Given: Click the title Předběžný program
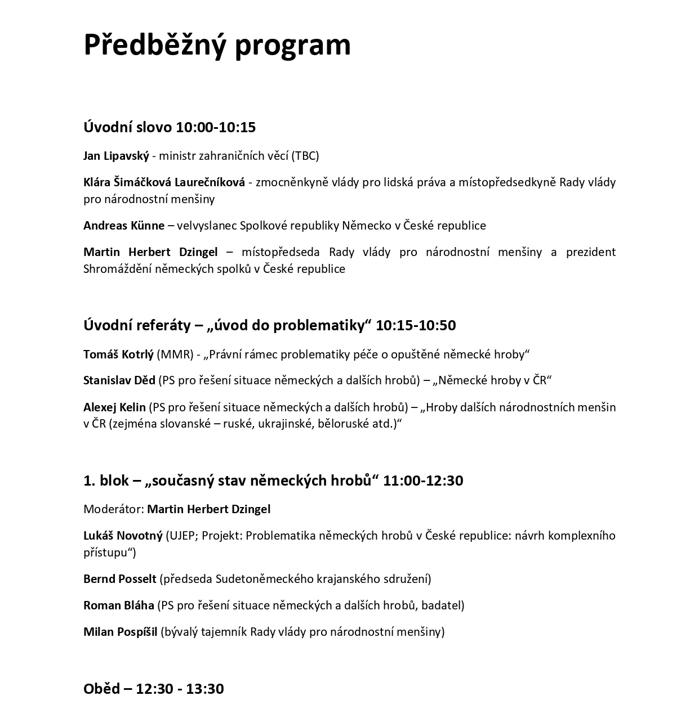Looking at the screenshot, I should click(217, 44).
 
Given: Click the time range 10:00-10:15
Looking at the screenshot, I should click(216, 127).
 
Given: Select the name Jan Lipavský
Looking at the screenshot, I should click(116, 156).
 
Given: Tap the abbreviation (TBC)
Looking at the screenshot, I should click(305, 156).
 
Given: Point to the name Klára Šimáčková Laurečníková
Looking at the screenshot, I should click(164, 182).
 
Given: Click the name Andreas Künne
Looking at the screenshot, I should click(124, 226).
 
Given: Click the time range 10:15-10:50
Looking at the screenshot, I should click(416, 325).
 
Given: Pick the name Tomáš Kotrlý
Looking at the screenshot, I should click(118, 354).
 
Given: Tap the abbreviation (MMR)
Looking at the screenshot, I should click(175, 354).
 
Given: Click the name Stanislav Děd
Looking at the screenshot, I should click(119, 380).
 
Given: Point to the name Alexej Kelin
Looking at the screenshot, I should click(114, 407).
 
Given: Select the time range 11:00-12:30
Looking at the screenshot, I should click(423, 481).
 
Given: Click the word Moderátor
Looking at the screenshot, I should click(113, 509).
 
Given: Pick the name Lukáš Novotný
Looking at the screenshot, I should click(122, 536).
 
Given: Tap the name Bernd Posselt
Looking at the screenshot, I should click(119, 579).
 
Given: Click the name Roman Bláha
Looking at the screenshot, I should click(118, 605).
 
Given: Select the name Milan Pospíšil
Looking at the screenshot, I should click(120, 632).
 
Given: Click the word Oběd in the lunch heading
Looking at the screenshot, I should click(101, 689).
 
